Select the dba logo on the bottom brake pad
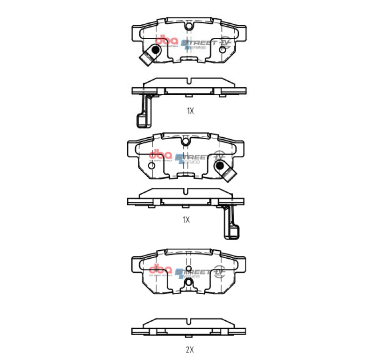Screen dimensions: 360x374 click(160, 270)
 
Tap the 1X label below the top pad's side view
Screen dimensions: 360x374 click(190, 111)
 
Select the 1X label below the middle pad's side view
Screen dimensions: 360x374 click(186, 219)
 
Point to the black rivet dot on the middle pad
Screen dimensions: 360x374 click(218, 165)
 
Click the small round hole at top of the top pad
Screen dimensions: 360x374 click(188, 27)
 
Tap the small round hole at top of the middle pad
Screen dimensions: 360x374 click(186, 141)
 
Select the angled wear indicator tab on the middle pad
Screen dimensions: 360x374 click(229, 175)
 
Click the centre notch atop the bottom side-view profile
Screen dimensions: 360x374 click(188, 322)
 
